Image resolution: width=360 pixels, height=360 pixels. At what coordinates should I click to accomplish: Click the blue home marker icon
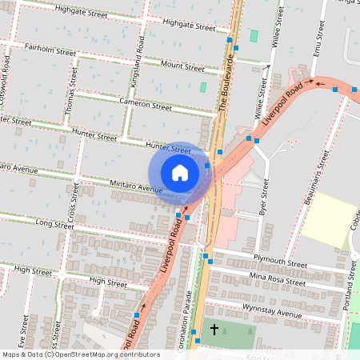[x=180, y=173]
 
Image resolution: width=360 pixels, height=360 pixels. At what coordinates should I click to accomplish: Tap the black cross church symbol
[x=214, y=329]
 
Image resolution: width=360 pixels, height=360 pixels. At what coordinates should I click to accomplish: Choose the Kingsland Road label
[x=138, y=70]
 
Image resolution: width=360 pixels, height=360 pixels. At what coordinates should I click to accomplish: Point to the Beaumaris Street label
[x=316, y=174]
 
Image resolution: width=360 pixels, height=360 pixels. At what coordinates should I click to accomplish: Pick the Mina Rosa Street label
[x=277, y=279]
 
